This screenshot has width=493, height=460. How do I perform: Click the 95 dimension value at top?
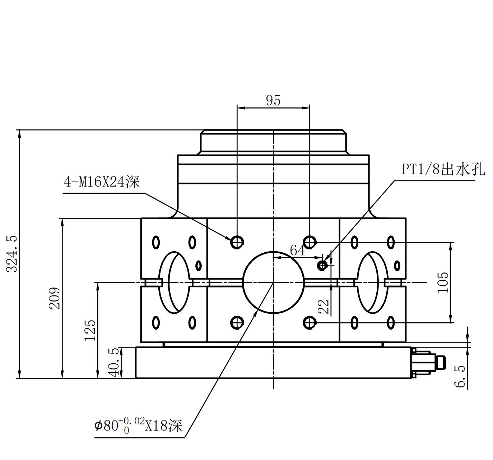pos(273,101)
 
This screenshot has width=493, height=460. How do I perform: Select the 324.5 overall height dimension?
pos(12,254)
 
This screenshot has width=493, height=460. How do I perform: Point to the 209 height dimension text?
pos(55,298)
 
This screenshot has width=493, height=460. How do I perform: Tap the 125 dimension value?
pos(90,330)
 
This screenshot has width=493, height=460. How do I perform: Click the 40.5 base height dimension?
pos(114,362)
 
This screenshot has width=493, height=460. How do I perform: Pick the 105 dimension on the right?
pos(443,282)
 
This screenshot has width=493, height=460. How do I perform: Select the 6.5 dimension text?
pos(460,377)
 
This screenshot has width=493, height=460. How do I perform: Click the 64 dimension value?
pos(297,250)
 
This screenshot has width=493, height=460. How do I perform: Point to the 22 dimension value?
pos(324,307)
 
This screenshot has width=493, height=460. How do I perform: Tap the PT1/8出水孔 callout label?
pos(443,169)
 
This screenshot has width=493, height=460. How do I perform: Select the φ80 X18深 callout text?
pos(139,426)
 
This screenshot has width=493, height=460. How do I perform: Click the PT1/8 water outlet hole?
pos(322,266)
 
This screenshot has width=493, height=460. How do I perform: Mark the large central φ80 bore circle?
pos(274,282)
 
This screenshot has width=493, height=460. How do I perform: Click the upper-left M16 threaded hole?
pos(237,242)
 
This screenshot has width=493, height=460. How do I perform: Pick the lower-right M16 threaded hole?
pos(310,323)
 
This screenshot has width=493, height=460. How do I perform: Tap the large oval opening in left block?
pos(175,282)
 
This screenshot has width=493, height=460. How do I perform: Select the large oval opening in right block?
pos(372,282)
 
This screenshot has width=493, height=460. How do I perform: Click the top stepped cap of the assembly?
pos(274,142)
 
